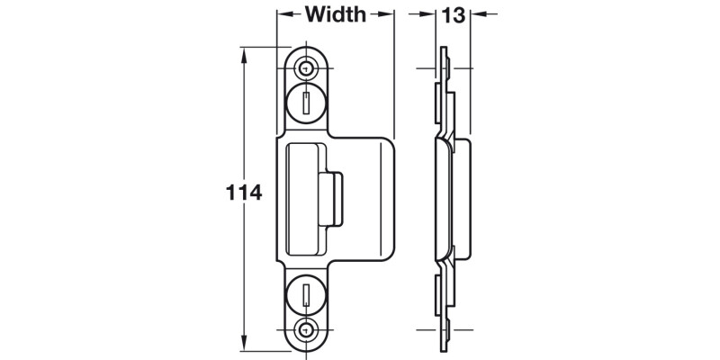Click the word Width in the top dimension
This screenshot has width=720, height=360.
click(336, 14)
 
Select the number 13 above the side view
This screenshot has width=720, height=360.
click(452, 14)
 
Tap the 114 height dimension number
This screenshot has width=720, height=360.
click(243, 193)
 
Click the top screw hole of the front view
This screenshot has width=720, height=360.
click(308, 67)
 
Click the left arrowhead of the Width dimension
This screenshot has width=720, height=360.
click(281, 14)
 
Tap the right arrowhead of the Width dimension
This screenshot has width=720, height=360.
click(390, 14)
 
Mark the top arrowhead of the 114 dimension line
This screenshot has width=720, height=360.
click(244, 50)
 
